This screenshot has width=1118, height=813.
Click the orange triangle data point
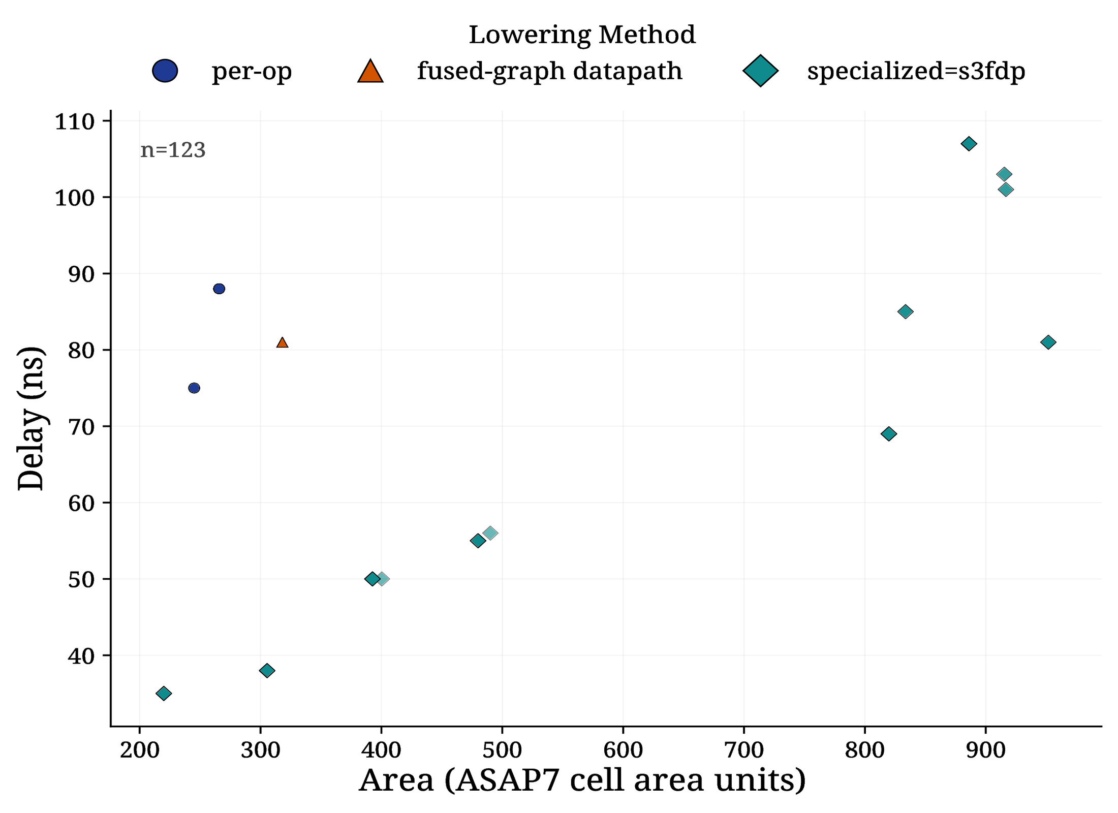coord(282,343)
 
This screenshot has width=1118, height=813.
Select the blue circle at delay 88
coord(219,289)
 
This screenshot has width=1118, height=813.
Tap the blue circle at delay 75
coord(194,388)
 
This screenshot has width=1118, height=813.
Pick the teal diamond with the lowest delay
coord(164,694)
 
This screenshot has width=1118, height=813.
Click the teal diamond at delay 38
coord(267,671)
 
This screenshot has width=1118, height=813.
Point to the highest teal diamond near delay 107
coord(969,144)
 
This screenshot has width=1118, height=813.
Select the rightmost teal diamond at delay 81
coord(1048,342)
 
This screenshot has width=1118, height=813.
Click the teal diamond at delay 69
coord(888,434)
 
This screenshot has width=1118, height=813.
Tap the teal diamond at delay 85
coord(905,311)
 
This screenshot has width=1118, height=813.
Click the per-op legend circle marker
coord(165,71)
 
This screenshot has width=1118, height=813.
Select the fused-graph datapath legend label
coord(549,71)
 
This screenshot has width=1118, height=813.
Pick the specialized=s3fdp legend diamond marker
coord(760,71)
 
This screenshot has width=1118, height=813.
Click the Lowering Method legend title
coord(582,35)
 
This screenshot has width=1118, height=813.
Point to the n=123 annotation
coord(173,150)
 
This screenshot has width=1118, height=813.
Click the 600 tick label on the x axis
coord(623,750)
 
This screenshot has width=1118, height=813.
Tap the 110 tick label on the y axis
coord(75,122)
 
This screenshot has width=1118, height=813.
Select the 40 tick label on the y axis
coord(81,655)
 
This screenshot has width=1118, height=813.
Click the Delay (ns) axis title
coord(30,419)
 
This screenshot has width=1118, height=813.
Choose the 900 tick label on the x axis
coord(986,750)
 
